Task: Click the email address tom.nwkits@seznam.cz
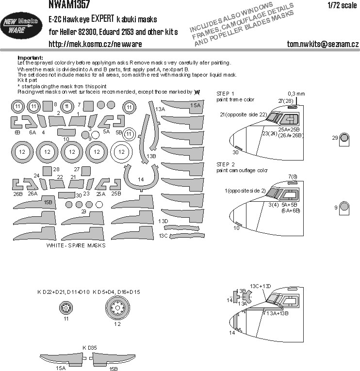click(323, 45)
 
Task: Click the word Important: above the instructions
click(30, 57)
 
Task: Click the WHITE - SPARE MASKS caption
click(76, 245)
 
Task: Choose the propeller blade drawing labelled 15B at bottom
click(111, 359)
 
